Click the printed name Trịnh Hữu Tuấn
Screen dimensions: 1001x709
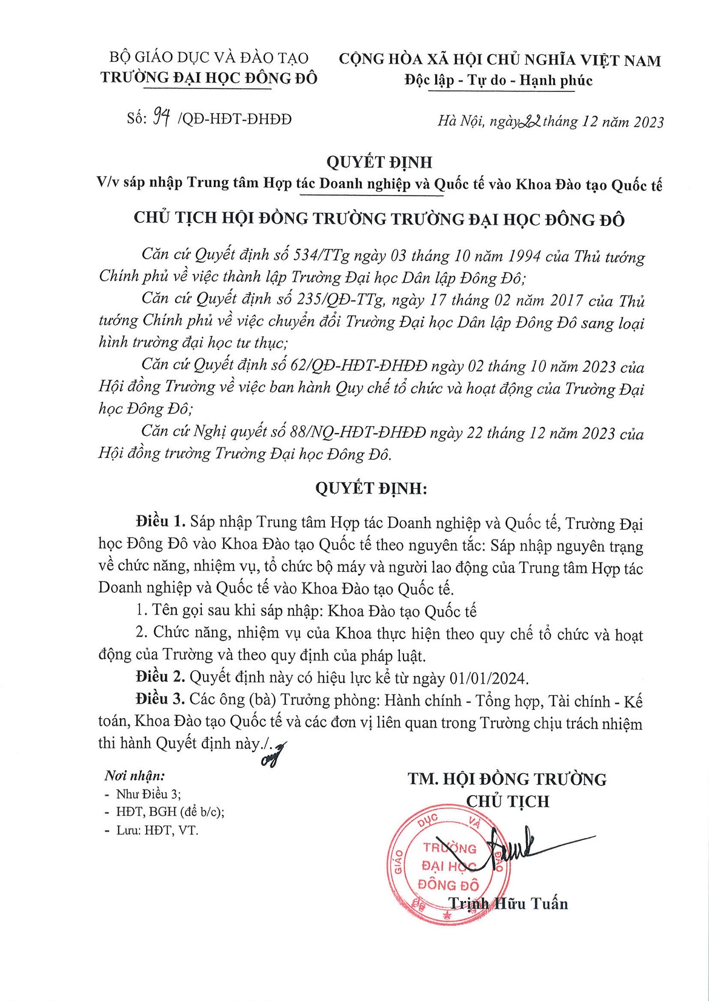tap(508, 904)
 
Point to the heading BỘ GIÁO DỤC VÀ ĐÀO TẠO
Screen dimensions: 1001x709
tap(208, 58)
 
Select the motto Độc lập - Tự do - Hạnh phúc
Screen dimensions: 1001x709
tap(498, 81)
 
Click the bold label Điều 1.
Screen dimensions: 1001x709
tap(160, 522)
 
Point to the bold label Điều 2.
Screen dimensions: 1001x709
tap(160, 677)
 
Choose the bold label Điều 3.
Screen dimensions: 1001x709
tap(160, 699)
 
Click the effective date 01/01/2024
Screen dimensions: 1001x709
tap(488, 678)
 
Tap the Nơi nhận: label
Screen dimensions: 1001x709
tap(135, 776)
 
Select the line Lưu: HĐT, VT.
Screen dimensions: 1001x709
tap(157, 830)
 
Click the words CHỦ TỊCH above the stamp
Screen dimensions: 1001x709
tap(507, 802)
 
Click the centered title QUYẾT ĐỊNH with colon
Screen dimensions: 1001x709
tap(371, 489)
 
